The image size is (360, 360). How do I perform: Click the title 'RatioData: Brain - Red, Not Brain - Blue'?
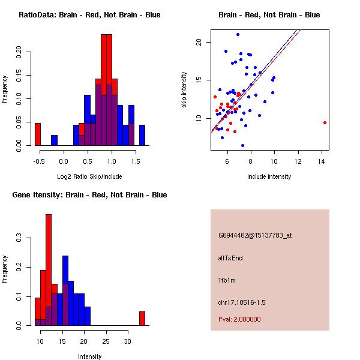click(89, 15)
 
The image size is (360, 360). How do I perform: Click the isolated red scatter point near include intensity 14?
click(325, 122)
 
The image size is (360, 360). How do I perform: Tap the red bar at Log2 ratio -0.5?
click(38, 134)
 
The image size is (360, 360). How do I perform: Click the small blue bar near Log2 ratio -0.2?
click(54, 140)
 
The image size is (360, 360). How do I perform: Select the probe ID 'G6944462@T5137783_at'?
click(255, 235)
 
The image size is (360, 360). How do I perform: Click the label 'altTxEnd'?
click(230, 258)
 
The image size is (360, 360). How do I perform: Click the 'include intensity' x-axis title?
click(269, 176)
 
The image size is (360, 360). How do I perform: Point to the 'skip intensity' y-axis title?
click(185, 90)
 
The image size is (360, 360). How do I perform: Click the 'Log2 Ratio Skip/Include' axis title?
click(89, 176)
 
